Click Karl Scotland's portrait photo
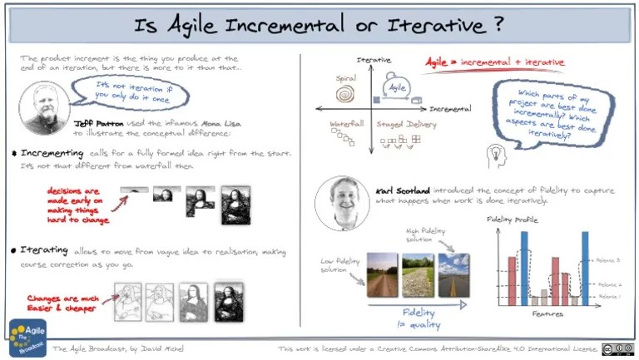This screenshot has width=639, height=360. pyautogui.click(x=341, y=201)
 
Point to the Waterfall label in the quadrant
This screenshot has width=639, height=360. pyautogui.click(x=346, y=123)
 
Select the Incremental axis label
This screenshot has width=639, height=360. pyautogui.click(x=448, y=109)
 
